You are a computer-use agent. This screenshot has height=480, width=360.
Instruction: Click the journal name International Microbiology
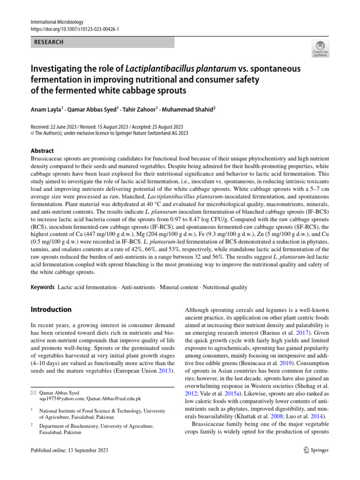57,22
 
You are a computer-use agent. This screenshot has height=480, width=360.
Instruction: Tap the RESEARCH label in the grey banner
48,42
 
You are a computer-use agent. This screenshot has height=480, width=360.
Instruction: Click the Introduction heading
51,309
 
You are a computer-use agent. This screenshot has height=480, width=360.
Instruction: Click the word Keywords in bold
42,287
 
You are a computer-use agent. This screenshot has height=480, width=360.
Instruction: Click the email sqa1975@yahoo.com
60,398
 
